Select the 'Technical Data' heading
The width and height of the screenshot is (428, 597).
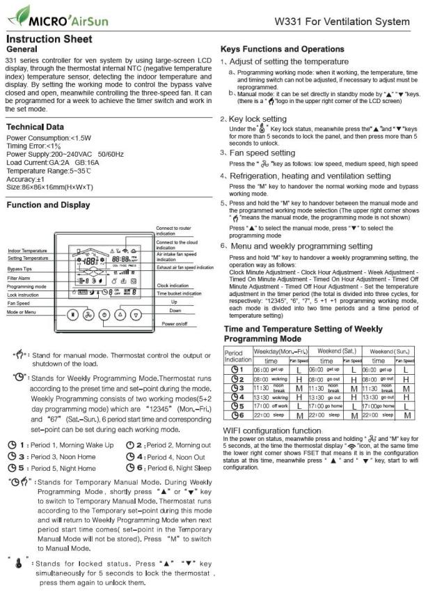click(35, 127)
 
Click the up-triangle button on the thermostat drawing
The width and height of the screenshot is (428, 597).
click(119, 313)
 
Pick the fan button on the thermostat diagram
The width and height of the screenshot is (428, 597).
click(88, 313)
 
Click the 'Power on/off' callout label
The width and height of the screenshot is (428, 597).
click(175, 324)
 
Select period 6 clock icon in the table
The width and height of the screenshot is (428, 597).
click(235, 414)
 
